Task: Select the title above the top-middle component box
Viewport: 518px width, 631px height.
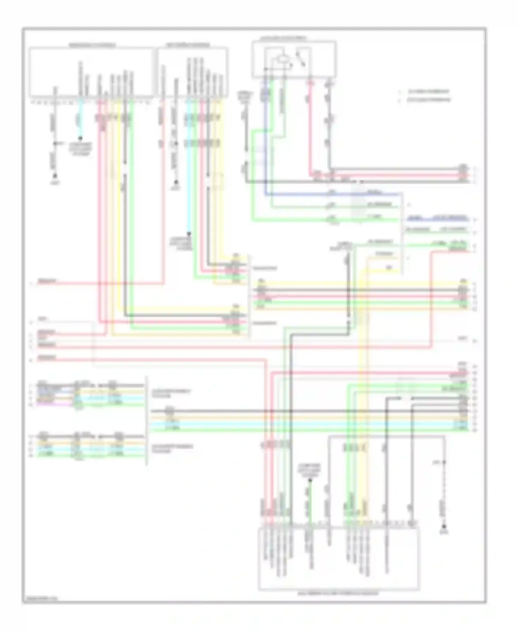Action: click(x=188, y=45)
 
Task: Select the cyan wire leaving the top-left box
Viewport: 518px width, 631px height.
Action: click(x=80, y=117)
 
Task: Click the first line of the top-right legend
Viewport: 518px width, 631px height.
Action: click(x=428, y=92)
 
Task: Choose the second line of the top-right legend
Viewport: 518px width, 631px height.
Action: click(x=428, y=100)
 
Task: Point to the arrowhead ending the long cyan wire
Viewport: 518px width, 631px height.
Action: click(x=189, y=234)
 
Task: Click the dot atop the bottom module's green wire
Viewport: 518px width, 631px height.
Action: click(x=310, y=480)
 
